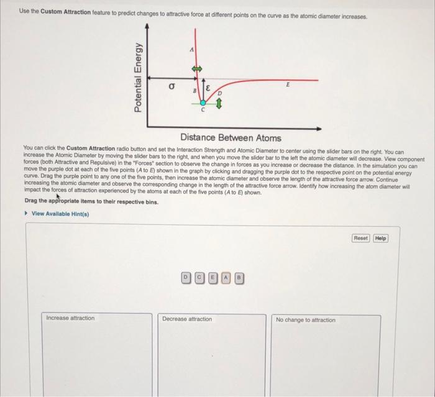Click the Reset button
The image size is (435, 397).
pyautogui.click(x=360, y=238)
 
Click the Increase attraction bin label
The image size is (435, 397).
pyautogui.click(x=70, y=319)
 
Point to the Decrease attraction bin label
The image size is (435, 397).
pyautogui.click(x=186, y=319)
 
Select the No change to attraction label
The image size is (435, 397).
pyautogui.click(x=306, y=320)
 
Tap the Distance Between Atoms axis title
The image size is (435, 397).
pyautogui.click(x=231, y=138)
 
